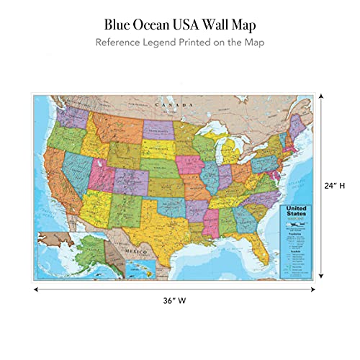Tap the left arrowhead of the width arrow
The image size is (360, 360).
[35, 290]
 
